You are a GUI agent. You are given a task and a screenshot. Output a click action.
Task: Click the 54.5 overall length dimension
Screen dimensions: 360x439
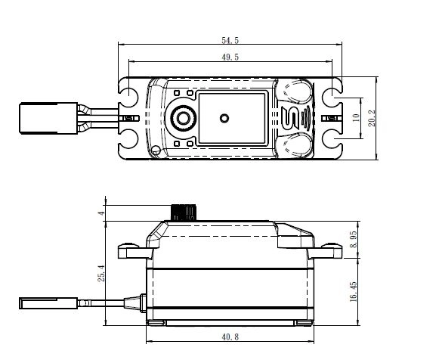pos(230,39)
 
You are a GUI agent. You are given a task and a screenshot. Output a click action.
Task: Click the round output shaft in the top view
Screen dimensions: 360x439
pos(182,118)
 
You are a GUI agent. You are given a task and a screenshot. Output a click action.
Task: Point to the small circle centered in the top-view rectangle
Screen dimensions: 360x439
pos(224,118)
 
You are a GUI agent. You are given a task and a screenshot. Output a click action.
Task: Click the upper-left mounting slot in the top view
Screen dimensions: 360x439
pos(129,96)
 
